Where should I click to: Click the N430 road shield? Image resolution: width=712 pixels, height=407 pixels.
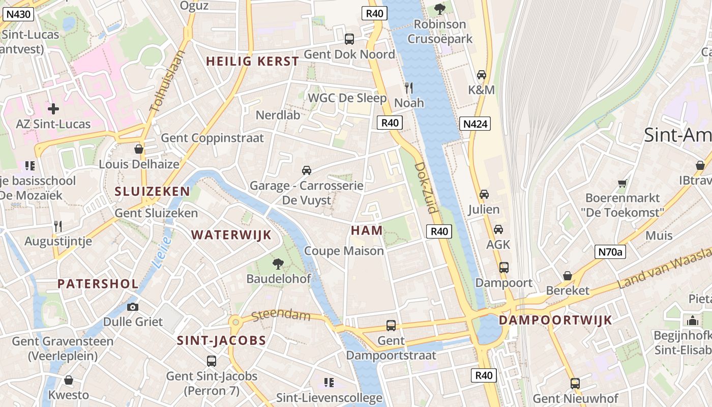pos(18,15)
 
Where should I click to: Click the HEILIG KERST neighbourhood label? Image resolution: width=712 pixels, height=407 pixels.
pos(252,62)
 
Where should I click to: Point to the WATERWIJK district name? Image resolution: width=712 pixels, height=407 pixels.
pos(231,235)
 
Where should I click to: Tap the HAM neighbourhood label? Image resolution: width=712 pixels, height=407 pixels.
pos(367,230)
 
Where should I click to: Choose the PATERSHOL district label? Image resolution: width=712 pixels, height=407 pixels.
pos(98,284)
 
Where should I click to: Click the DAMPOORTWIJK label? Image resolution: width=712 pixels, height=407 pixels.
pos(555,321)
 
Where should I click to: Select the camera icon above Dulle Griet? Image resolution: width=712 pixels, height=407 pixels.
pos(133,307)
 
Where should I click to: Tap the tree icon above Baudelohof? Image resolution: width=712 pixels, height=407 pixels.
pos(278,264)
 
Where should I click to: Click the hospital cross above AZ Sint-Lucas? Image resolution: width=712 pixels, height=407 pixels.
pos(53,108)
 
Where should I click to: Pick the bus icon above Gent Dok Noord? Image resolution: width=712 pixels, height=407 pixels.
pos(349,39)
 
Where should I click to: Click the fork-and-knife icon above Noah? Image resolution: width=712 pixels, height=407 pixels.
pos(408,88)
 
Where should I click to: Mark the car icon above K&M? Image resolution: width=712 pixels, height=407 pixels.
pos(481,75)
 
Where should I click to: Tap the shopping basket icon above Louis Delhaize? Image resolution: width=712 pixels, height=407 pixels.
pos(138,149)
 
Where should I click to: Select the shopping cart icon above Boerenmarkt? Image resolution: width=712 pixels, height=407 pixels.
pos(622,183)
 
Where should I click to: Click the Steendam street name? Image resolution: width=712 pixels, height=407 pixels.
pos(281,315)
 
